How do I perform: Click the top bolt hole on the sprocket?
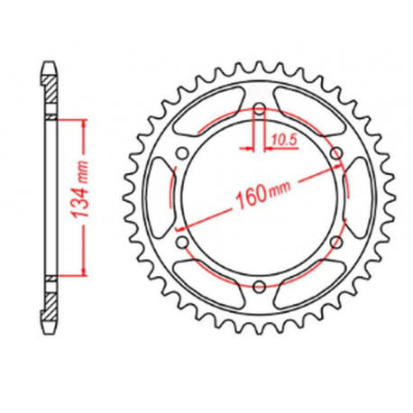260,111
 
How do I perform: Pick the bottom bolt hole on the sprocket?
260,287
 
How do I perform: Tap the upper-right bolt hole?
336,155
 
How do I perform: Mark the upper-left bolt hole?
183,155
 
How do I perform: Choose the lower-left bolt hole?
183,243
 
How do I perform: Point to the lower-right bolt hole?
336,243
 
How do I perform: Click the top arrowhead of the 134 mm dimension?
85,124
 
